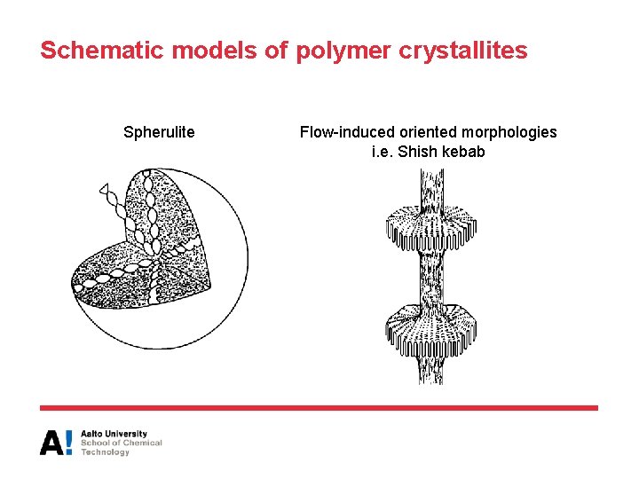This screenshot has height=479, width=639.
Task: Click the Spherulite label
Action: (159, 133)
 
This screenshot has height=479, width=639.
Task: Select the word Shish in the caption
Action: (418, 152)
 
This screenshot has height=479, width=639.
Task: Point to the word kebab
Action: (464, 152)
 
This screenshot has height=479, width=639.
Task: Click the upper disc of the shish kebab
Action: (430, 228)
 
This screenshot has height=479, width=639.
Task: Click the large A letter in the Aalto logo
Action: (51, 442)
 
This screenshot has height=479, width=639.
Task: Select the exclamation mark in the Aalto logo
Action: (69, 442)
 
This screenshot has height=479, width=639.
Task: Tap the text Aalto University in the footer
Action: (114, 434)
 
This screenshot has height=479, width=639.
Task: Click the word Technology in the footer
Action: (105, 452)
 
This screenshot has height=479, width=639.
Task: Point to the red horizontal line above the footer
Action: (319, 408)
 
